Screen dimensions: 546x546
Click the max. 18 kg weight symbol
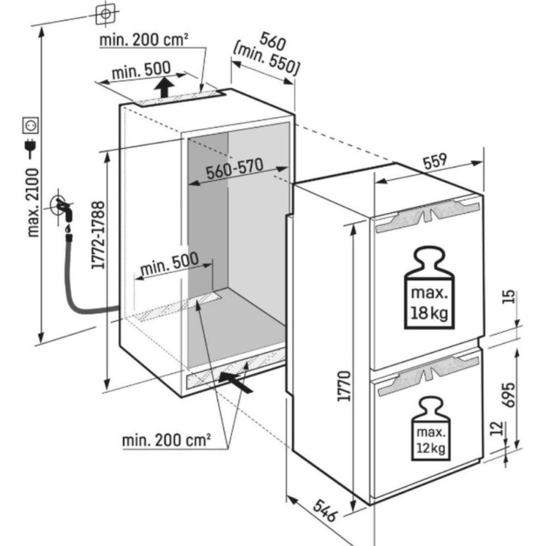(x=429, y=288)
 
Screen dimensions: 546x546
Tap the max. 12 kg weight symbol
(x=431, y=429)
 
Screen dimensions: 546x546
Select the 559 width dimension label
(x=435, y=161)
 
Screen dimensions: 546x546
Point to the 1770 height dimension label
(x=344, y=386)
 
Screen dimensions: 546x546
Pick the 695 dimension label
(x=508, y=394)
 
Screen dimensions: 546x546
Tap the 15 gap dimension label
(x=509, y=297)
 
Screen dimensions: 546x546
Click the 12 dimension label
(x=498, y=428)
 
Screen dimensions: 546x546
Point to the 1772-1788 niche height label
(x=98, y=235)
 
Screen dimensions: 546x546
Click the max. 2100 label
(x=33, y=203)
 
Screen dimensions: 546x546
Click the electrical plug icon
(x=30, y=149)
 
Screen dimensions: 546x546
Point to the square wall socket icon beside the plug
(x=30, y=126)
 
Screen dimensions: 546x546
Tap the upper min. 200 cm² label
(x=144, y=40)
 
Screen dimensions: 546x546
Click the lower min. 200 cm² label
(x=166, y=440)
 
